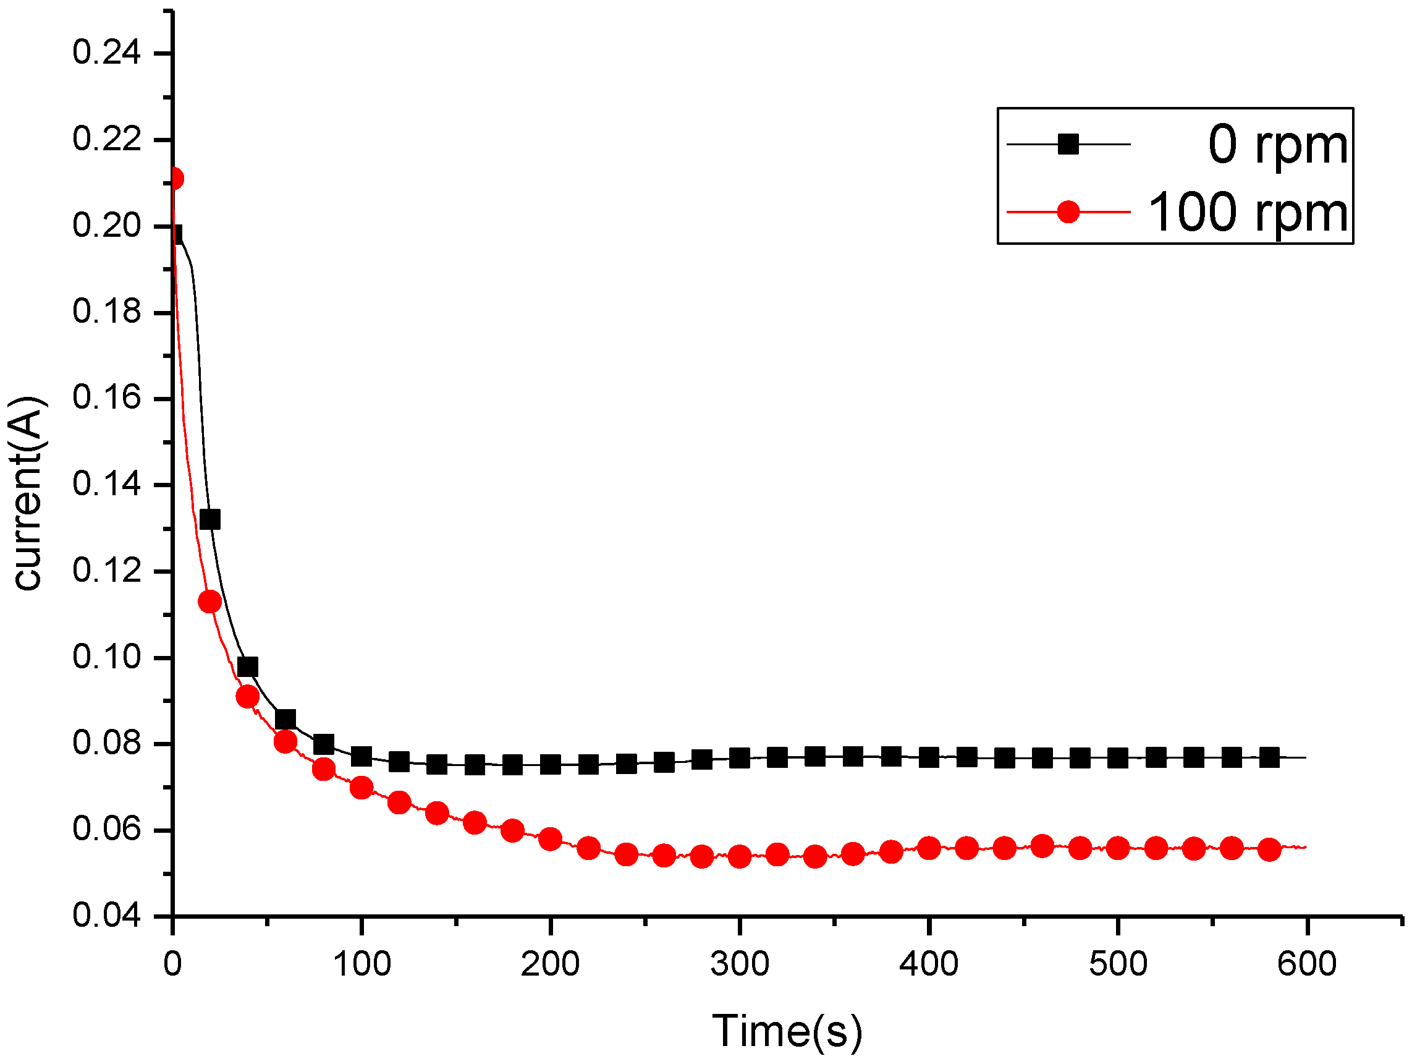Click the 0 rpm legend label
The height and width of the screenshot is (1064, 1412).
1277,145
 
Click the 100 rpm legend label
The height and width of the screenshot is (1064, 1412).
1248,212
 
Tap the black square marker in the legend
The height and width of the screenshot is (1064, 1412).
1068,144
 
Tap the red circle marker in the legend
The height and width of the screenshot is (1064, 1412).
1068,211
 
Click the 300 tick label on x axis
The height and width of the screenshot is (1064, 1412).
739,964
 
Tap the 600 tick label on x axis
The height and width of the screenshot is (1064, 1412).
1307,964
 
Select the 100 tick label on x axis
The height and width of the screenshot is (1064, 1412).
361,964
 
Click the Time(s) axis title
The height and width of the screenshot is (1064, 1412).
787,1031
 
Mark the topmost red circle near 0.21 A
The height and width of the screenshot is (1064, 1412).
174,179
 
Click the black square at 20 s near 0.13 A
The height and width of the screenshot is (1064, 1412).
210,519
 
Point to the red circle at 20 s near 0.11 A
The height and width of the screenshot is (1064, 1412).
210,601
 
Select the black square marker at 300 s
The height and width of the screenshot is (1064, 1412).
739,759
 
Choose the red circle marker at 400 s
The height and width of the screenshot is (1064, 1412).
929,849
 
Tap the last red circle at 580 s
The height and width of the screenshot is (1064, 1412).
1269,849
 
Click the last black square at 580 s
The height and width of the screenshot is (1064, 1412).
1269,758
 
